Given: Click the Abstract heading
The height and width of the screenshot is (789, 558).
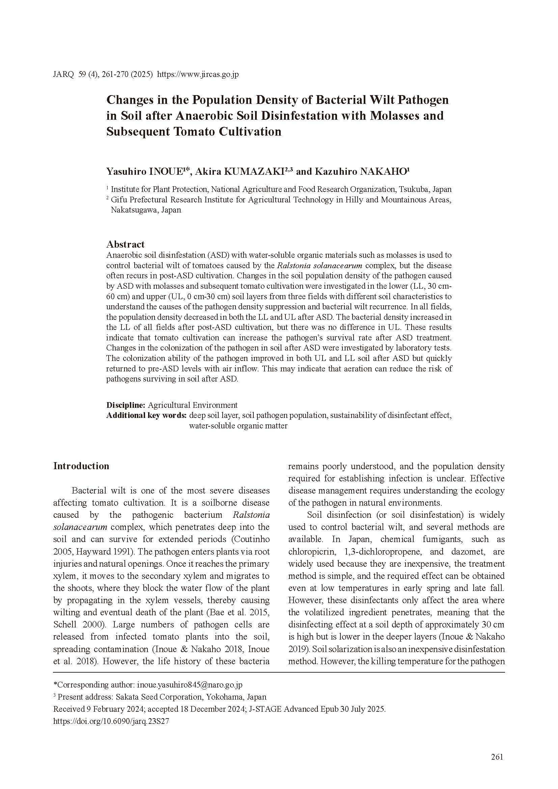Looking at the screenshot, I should [125, 244].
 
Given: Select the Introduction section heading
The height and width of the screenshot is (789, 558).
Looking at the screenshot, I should [81, 466].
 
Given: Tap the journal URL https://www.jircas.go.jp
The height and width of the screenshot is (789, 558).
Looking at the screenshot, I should [198, 75].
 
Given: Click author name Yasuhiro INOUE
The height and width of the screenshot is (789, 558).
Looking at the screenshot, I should [145, 171].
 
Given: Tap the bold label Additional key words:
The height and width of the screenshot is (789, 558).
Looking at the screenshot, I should [146, 415].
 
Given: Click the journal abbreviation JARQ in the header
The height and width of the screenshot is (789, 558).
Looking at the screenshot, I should [63, 75].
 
